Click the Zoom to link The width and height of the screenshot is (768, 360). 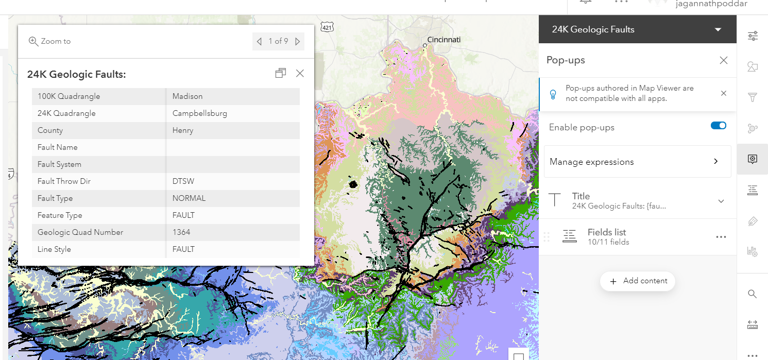click(49, 41)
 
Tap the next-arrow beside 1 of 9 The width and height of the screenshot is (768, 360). click(298, 41)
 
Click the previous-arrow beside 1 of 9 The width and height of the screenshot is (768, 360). click(259, 41)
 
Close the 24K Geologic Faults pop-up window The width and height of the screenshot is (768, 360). click(300, 73)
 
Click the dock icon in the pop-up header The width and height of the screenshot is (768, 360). click(280, 73)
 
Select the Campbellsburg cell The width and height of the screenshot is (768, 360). click(199, 113)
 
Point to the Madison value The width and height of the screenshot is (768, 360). click(187, 96)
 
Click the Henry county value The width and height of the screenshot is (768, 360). click(183, 130)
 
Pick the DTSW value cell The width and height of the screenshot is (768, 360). click(183, 181)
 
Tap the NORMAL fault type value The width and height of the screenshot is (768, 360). click(189, 198)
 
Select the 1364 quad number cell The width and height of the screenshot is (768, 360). click(181, 232)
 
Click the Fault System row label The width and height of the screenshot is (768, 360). click(59, 164)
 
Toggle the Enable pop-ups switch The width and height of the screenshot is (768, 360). click(718, 126)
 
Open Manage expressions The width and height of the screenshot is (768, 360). click(637, 162)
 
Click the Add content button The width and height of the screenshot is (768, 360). click(638, 281)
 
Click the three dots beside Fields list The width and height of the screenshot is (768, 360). click(721, 237)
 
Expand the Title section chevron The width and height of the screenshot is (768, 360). click(721, 201)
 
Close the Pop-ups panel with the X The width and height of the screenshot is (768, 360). click(723, 60)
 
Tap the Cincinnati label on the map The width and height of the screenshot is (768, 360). click(443, 40)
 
